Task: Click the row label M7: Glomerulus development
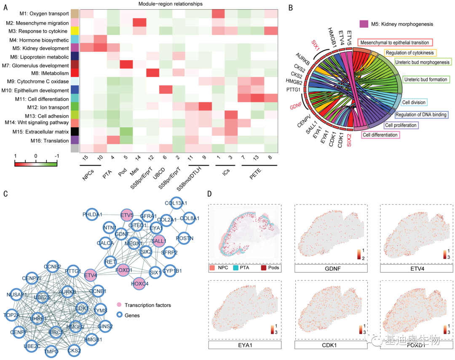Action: (37, 66)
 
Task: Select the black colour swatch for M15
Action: (75, 132)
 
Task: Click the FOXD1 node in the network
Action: (124, 269)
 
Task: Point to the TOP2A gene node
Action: (13, 314)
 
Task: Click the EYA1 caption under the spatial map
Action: (245, 345)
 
